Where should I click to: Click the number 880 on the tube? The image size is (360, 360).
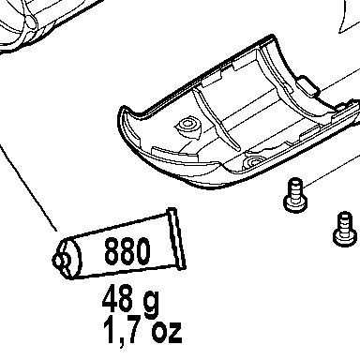[x=127, y=250]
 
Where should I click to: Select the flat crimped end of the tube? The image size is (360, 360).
[x=177, y=239]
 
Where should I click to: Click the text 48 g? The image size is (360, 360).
[x=130, y=300]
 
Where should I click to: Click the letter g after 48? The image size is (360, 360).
[x=152, y=302]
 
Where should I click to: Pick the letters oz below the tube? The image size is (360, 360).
[x=167, y=331]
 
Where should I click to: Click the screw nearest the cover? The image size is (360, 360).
[x=295, y=195]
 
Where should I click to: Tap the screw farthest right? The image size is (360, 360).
[x=345, y=228]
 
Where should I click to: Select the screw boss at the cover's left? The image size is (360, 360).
[x=187, y=127]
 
